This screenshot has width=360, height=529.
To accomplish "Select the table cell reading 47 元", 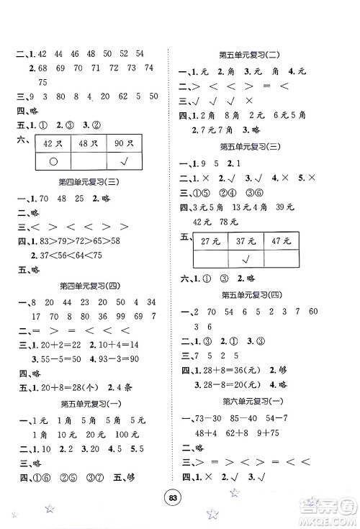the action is coord(279,241).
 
